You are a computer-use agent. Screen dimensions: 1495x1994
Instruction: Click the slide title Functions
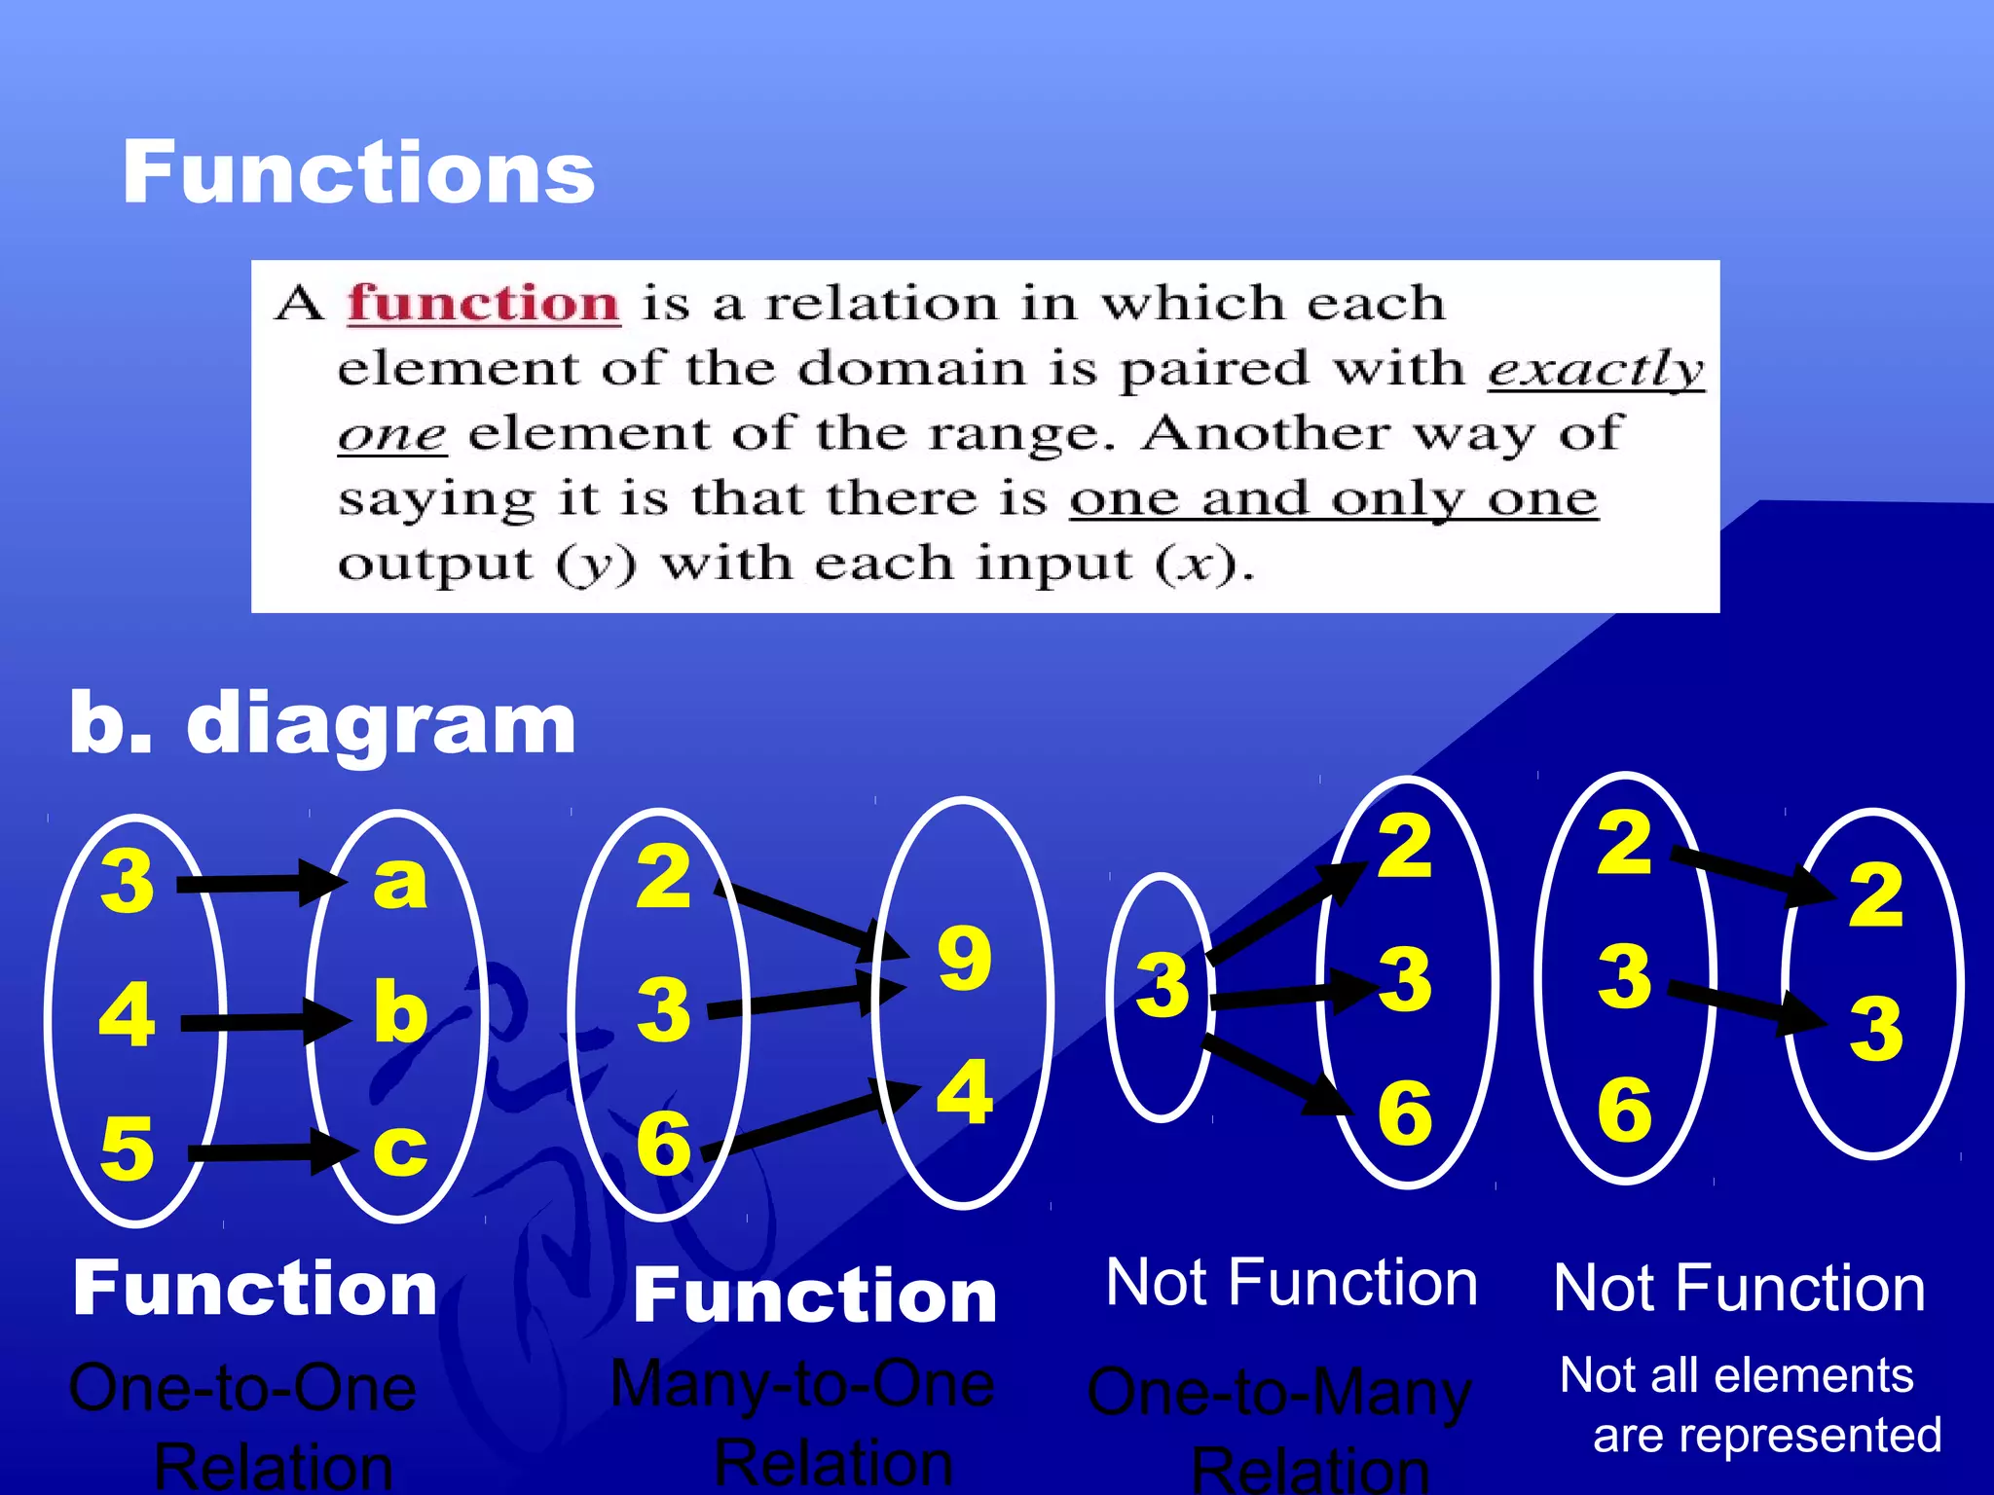coord(357,172)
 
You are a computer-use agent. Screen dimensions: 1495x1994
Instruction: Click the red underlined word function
coord(484,303)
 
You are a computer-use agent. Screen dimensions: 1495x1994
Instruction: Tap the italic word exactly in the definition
coord(1595,369)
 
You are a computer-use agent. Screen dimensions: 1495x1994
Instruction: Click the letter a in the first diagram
coord(400,882)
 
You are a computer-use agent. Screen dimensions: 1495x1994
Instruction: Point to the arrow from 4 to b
coord(263,1022)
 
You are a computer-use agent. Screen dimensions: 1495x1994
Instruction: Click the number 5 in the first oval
coord(128,1149)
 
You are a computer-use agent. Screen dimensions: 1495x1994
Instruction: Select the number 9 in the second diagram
coord(964,959)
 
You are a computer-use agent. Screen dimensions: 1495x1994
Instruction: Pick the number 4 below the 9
coord(964,1092)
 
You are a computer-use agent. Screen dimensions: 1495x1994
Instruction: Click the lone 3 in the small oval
coord(1163,985)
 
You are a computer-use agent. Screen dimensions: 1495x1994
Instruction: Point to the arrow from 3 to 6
coord(1275,1076)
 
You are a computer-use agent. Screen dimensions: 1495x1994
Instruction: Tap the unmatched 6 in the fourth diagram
coord(1624,1110)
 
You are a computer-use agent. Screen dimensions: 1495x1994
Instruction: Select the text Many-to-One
coord(802,1384)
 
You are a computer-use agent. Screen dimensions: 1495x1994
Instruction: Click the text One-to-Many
coord(1279,1392)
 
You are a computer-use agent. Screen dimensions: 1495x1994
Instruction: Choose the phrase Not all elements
coord(1736,1376)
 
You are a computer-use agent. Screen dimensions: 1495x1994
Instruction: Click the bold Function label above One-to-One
coord(255,1289)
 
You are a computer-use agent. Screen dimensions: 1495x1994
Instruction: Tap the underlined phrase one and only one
coord(1334,499)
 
